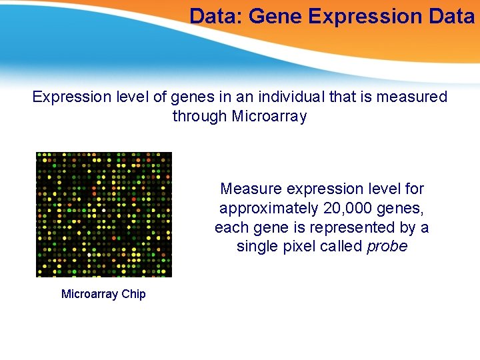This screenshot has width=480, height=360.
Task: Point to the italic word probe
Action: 387,246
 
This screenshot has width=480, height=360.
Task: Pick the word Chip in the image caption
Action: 133,294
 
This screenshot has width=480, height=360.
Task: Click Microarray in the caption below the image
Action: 90,294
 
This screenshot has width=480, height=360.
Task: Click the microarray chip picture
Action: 103,214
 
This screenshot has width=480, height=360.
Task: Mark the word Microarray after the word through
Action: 269,117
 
